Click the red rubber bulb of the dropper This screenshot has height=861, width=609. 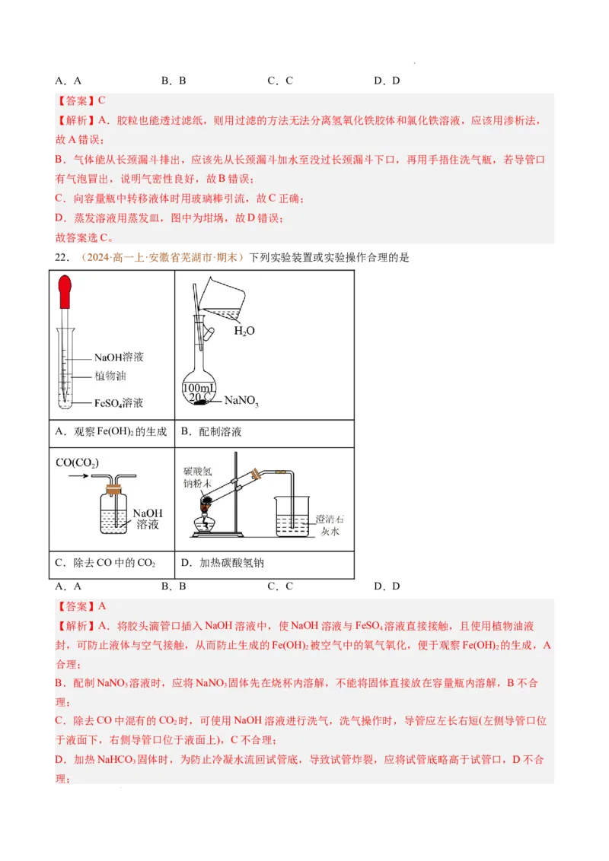point(66,291)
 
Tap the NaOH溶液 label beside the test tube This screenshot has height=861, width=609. point(119,357)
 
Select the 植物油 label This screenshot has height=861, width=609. point(110,376)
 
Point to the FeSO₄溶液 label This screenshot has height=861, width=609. point(119,403)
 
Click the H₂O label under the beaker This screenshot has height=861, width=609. point(244,331)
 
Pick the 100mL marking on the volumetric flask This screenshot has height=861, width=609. point(199,389)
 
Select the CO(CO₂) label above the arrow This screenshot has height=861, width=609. point(78,462)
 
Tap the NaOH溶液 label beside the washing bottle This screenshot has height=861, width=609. point(148,519)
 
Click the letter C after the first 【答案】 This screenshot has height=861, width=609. point(101,100)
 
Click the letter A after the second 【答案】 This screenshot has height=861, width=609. point(102,606)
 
